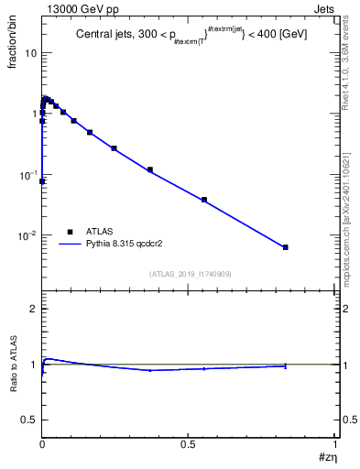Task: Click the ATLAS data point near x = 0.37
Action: (x=150, y=169)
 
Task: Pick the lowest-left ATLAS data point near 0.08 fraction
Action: (x=42, y=181)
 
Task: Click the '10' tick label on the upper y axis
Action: (x=30, y=52)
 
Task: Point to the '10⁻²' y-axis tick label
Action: (x=28, y=236)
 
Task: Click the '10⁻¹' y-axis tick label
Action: (x=28, y=175)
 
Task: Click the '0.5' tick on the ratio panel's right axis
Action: (x=348, y=420)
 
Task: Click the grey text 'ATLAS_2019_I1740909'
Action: (x=189, y=273)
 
